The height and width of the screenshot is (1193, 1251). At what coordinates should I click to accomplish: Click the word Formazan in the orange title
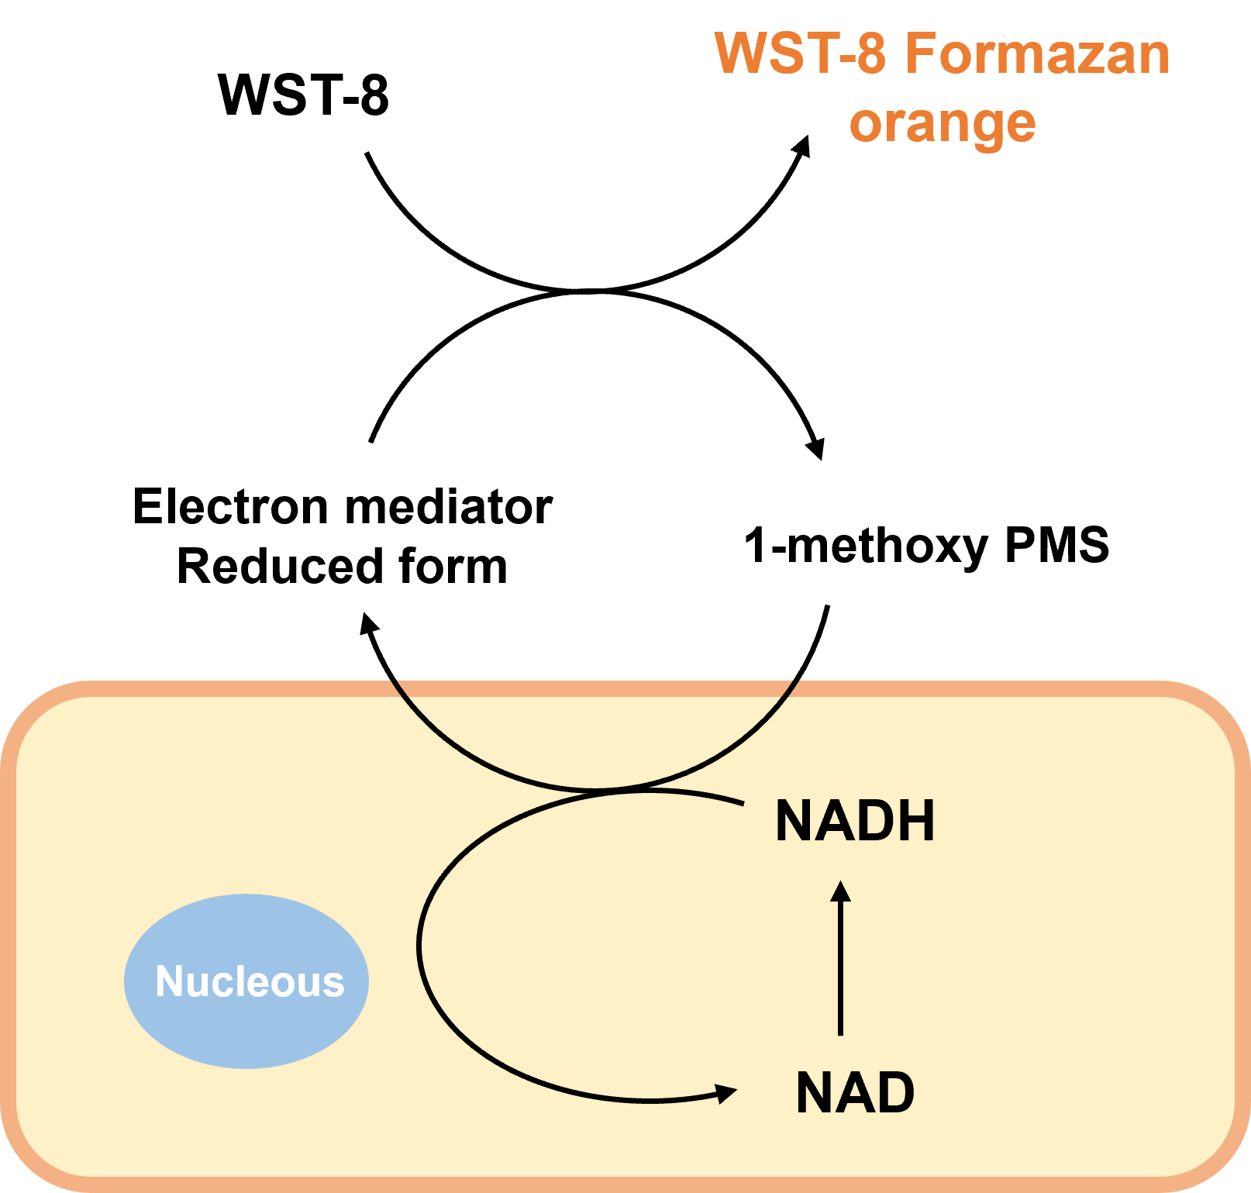(1037, 54)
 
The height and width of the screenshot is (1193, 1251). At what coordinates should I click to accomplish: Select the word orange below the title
(943, 124)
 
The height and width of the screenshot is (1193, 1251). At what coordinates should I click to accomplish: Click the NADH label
(855, 821)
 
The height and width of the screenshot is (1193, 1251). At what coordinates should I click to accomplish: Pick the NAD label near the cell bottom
(855, 1093)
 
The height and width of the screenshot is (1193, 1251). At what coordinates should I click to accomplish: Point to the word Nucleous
(250, 982)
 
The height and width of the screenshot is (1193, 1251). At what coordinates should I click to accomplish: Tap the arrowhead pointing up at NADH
(840, 891)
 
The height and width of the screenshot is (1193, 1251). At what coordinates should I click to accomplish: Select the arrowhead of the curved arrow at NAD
(726, 1093)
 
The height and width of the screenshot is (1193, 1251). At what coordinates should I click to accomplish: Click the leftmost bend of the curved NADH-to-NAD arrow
(419, 944)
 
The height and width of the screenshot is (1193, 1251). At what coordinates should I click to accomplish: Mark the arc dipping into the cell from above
(595, 788)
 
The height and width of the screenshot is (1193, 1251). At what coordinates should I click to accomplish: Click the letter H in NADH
(916, 821)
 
